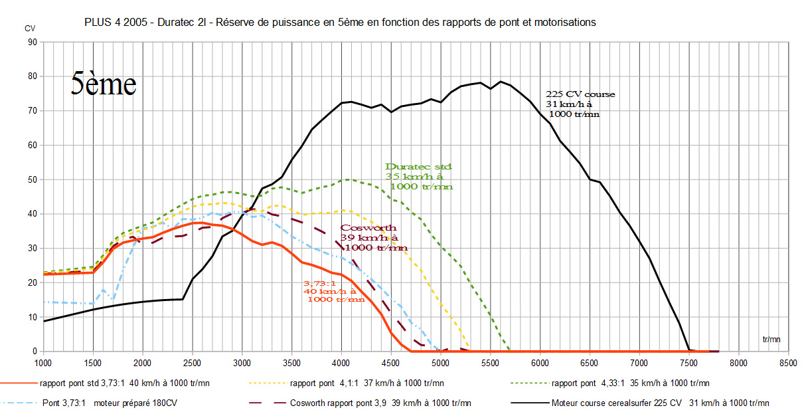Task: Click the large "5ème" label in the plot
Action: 104,84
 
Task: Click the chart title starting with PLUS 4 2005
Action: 340,22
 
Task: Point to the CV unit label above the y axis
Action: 30,29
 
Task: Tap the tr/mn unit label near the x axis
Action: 771,339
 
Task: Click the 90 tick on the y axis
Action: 31,41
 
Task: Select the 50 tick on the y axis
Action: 31,179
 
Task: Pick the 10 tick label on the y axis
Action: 31,317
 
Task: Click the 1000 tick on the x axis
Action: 42,363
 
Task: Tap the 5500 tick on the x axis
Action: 490,363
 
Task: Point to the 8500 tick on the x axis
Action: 788,363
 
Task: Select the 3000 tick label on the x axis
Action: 242,363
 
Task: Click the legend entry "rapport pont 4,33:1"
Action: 631,383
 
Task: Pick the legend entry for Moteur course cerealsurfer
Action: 661,403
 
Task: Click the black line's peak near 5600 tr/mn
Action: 501,81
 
